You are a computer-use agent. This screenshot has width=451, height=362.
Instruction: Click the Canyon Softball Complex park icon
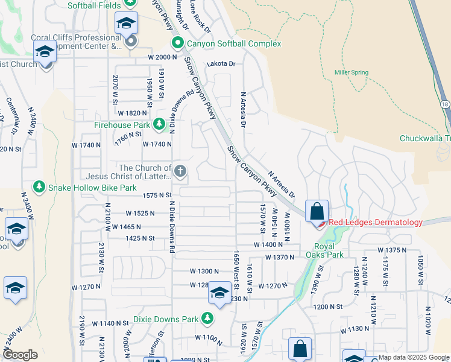(x=177, y=44)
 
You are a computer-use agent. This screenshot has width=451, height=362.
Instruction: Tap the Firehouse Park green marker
(x=159, y=125)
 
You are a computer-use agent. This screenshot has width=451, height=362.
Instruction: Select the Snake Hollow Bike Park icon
(x=40, y=188)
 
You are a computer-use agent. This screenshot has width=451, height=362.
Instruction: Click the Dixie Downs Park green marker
(x=207, y=318)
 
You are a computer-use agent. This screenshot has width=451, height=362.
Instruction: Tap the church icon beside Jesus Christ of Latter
(x=179, y=172)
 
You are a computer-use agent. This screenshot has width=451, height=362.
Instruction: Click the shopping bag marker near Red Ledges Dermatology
(x=317, y=212)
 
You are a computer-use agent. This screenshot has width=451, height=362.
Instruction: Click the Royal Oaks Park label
(x=329, y=250)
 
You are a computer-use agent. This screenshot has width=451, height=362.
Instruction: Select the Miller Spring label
(x=351, y=72)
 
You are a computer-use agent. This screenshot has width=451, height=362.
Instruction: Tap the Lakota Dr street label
(x=221, y=63)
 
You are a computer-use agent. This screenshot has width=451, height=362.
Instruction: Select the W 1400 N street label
(x=269, y=244)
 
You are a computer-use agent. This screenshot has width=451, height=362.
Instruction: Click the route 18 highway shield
(x=445, y=104)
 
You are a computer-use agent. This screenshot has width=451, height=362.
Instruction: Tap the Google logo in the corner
(x=20, y=355)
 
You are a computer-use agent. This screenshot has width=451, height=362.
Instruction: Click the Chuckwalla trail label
(x=424, y=138)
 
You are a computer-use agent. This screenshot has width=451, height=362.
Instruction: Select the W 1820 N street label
(x=133, y=113)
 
